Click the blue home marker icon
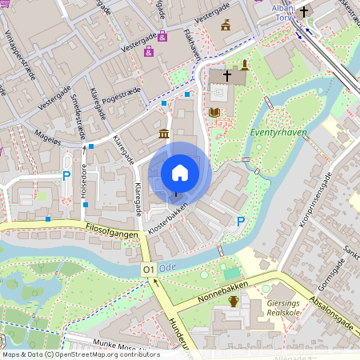tap(180, 173)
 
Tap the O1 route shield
tap(148, 271)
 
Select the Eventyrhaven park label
tap(278, 133)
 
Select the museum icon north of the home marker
tap(164, 133)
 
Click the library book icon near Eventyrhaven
tap(214, 113)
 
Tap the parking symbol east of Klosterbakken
tap(241, 222)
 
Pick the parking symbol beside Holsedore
tap(66, 175)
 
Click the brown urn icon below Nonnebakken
tap(234, 301)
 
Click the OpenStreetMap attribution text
tap(80, 354)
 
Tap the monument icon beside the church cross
tap(244, 65)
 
